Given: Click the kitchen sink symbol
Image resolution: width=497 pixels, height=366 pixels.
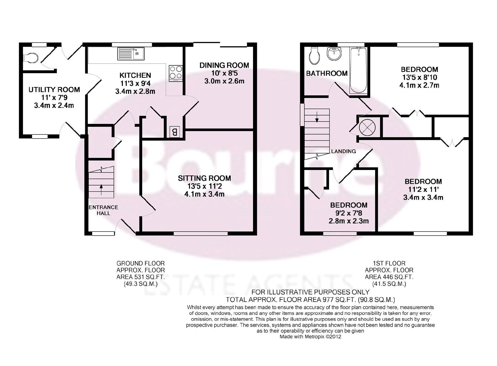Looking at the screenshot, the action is click(131, 54).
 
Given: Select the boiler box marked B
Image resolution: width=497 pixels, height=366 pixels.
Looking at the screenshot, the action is click(175, 132).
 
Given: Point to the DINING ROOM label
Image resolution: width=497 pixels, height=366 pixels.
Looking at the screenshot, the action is click(224, 65).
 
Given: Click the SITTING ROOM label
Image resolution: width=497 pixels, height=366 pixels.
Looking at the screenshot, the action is click(204, 178).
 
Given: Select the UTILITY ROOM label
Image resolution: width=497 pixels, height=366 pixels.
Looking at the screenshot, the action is click(54, 89).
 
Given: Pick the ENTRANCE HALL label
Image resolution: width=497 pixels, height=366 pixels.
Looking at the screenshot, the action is click(103, 210).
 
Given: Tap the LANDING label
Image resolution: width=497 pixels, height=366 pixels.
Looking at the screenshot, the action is click(343, 151).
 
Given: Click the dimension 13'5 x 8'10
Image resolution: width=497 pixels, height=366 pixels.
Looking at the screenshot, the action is click(419, 77).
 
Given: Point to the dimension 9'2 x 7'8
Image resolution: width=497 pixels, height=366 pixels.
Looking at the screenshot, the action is click(349, 213).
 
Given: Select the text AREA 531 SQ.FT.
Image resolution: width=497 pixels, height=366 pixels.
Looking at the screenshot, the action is click(141, 277).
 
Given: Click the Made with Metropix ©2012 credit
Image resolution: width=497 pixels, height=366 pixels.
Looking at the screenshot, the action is click(310, 337).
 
